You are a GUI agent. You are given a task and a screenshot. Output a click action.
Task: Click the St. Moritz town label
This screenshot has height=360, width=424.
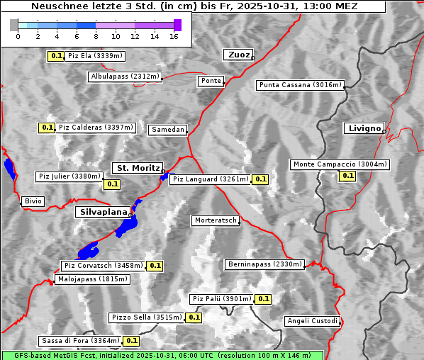point(138,168)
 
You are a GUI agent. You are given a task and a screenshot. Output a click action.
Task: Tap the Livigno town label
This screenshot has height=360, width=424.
point(364,128)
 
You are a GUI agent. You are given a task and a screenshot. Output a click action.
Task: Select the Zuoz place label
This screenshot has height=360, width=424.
point(237,55)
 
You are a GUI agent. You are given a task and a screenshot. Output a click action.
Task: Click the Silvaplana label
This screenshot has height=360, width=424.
point(103,212)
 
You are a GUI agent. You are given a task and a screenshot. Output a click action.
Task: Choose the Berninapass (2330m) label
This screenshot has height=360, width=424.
point(264,264)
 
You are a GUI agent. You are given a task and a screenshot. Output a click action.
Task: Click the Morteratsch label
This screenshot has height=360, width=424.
point(215,220)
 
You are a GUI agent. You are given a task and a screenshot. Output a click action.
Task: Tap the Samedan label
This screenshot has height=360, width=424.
point(168,130)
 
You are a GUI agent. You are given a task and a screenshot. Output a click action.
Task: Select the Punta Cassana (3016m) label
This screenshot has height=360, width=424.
point(299,85)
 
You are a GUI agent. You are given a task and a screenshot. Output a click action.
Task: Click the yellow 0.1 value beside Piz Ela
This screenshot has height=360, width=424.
point(56,55)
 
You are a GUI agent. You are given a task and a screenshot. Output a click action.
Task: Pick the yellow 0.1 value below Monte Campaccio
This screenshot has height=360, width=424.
point(347,176)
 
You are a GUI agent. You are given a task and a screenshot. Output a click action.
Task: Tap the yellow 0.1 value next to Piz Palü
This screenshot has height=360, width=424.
point(263,299)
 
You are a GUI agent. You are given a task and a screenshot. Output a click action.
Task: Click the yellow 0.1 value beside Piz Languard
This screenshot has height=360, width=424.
point(260,179)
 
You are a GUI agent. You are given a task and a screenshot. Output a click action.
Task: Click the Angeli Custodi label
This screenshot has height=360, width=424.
point(312,321)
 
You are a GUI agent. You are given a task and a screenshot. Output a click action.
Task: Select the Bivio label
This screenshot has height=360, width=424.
point(33,201)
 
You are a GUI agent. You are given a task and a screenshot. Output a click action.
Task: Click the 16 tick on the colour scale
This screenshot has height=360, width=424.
point(174,35)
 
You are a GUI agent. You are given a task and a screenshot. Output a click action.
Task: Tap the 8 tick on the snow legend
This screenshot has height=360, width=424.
point(96,35)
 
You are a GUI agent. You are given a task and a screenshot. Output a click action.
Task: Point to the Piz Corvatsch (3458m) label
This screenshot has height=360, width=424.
point(103,266)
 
